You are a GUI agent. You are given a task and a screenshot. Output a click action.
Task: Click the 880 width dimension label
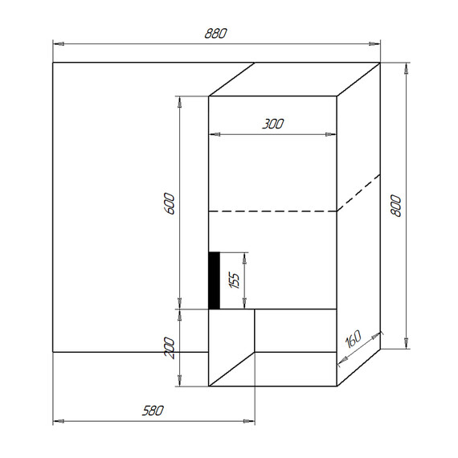point(216,33)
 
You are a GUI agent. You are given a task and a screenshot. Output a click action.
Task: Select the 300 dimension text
point(273,124)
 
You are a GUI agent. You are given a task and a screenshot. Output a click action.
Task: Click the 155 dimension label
point(234,280)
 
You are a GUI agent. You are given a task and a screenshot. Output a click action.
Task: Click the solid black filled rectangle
point(215,280)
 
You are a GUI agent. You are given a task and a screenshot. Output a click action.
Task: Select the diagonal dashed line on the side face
point(358,193)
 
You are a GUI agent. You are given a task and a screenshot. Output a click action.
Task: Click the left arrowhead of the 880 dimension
point(57,43)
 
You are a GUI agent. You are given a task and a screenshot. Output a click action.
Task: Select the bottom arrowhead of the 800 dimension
point(407,345)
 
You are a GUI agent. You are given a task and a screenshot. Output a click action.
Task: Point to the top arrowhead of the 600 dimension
point(180,101)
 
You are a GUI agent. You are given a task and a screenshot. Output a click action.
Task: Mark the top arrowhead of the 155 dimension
point(246,257)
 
